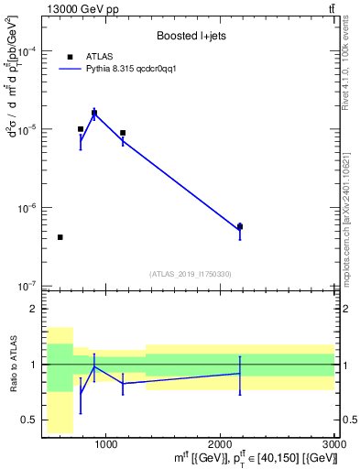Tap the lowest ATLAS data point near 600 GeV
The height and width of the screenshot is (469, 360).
(60, 237)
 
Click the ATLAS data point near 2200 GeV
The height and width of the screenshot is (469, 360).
(240, 226)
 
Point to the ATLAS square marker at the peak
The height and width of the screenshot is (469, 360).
(94, 113)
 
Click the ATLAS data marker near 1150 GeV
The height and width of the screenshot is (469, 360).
(123, 133)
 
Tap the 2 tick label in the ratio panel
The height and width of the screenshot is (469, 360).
(35, 309)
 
